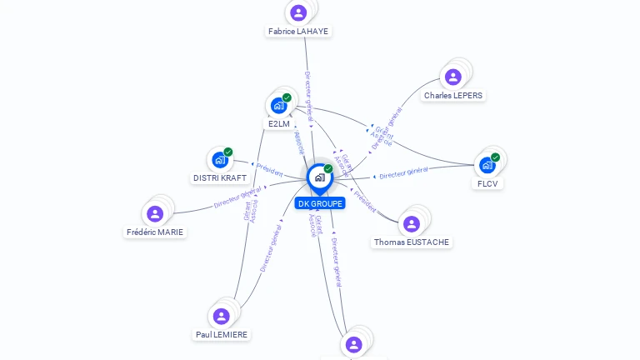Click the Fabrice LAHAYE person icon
click(298, 12)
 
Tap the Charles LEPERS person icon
click(453, 77)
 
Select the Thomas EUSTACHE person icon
click(411, 223)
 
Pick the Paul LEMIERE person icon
click(221, 316)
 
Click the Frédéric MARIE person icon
click(155, 213)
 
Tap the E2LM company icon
click(278, 106)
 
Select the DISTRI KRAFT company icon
click(220, 159)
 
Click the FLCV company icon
click(487, 165)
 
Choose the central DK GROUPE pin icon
click(319, 177)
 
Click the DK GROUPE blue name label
click(320, 203)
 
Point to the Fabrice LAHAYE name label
click(298, 32)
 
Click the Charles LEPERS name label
click(453, 96)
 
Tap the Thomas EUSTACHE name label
click(412, 242)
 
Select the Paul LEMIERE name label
click(222, 335)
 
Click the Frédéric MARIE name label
click(156, 232)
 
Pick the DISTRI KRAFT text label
click(220, 178)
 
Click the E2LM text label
click(279, 124)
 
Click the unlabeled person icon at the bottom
click(353, 344)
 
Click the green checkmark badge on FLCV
click(495, 157)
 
